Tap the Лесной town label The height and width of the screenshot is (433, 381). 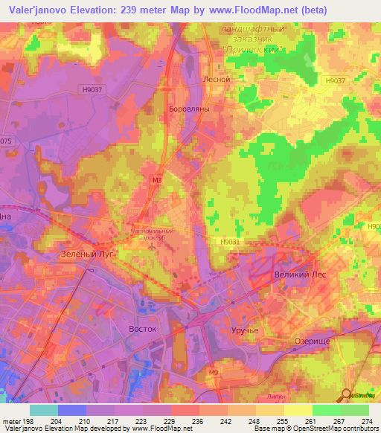pos(217,78)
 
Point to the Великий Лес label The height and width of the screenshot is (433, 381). pos(301,275)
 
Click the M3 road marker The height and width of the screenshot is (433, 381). pos(156,179)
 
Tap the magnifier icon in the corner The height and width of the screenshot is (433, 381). pos(348,394)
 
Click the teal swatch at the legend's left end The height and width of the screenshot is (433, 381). pos(43,410)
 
